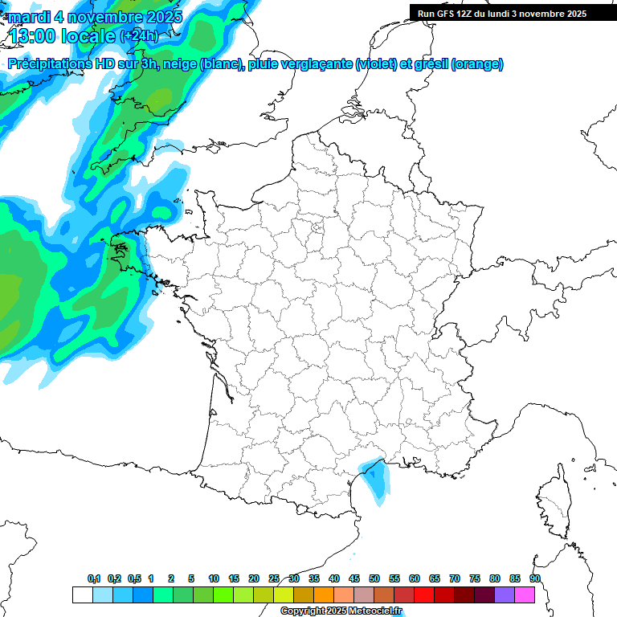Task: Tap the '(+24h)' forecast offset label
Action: [x=139, y=35]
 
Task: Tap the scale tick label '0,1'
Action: [x=94, y=578]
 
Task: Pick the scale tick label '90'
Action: [x=535, y=578]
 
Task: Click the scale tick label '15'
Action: [x=234, y=578]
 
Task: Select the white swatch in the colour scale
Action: [x=82, y=595]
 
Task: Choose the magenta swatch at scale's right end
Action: [x=525, y=595]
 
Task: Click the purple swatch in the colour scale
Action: [x=505, y=595]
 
